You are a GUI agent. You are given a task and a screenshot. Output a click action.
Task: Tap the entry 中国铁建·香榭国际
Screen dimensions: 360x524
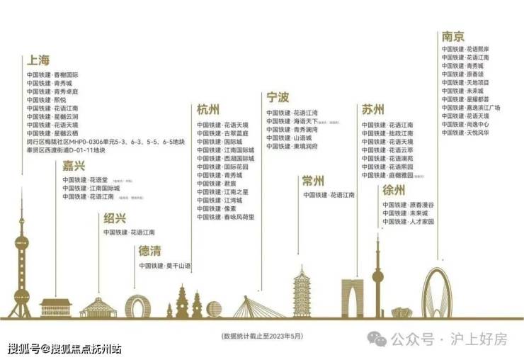tap(52, 74)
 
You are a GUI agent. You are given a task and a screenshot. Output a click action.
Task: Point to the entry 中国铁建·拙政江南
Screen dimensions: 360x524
tap(387, 133)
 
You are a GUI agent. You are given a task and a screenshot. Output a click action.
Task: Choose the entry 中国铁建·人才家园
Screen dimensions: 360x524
tap(408, 222)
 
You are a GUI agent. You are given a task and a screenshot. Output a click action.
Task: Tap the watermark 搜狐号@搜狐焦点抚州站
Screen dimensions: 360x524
tap(64, 349)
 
